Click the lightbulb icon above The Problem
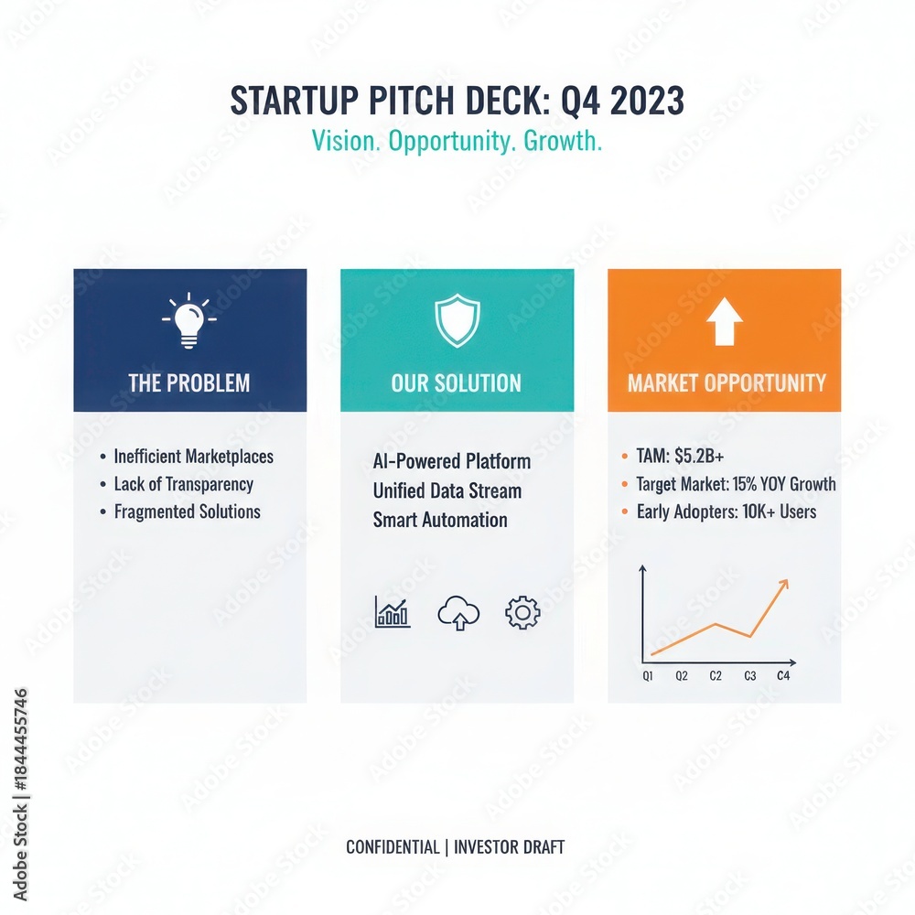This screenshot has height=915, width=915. (x=188, y=320)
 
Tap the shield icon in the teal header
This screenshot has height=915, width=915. (x=457, y=320)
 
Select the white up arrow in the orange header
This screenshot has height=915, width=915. (x=724, y=321)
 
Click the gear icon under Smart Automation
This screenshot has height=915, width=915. (x=522, y=612)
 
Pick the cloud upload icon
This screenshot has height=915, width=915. (x=458, y=613)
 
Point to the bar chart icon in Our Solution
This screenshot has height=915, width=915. (x=393, y=611)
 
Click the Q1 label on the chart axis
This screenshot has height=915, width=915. (x=648, y=676)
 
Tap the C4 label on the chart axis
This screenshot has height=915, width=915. (x=783, y=676)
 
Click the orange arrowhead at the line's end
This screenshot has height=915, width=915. (x=784, y=584)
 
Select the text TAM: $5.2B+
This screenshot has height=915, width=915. (x=680, y=456)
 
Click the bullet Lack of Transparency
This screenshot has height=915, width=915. (x=183, y=484)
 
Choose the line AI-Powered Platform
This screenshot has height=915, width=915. (x=452, y=461)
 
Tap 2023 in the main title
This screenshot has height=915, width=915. (x=647, y=101)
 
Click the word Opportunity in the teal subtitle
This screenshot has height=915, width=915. (x=450, y=141)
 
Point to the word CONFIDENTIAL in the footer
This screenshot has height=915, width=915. (x=393, y=846)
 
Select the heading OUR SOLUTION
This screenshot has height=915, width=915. (x=457, y=382)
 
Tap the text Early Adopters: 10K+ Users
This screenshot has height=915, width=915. (x=726, y=511)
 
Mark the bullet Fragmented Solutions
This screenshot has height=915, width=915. (x=187, y=511)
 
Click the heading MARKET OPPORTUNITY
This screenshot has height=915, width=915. (x=727, y=382)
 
